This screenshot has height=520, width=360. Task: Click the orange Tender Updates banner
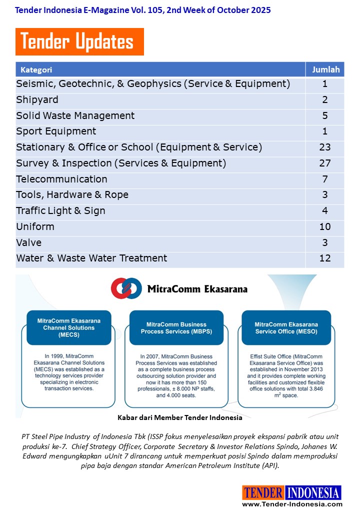[x=79, y=42]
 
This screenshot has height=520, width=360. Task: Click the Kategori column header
[x=36, y=70]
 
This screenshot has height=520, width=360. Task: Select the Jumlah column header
[x=325, y=70]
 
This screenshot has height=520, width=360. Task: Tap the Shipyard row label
[x=37, y=99]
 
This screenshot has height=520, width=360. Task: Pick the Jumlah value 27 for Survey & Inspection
[x=325, y=163]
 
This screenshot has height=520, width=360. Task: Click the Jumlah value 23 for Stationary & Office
[x=325, y=147]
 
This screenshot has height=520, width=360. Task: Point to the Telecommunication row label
[x=61, y=179]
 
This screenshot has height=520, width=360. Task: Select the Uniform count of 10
[x=325, y=226]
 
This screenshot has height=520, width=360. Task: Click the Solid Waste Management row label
[x=75, y=115]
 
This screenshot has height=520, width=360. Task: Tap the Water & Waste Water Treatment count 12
[x=325, y=258]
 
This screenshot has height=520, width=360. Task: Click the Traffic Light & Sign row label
[x=60, y=210]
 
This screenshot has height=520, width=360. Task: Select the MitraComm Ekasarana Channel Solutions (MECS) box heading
[x=69, y=327]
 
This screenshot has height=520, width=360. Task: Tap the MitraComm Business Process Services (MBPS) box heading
[x=176, y=327]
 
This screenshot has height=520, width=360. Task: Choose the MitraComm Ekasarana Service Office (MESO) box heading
[x=286, y=327]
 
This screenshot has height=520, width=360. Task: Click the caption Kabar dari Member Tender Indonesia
[x=180, y=417]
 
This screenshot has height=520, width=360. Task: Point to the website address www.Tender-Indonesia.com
[x=292, y=504]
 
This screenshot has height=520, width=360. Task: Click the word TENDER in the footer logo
[x=263, y=493]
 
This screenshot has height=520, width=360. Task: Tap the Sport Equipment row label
[x=56, y=131]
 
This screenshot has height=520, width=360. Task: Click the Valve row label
[x=29, y=242]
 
